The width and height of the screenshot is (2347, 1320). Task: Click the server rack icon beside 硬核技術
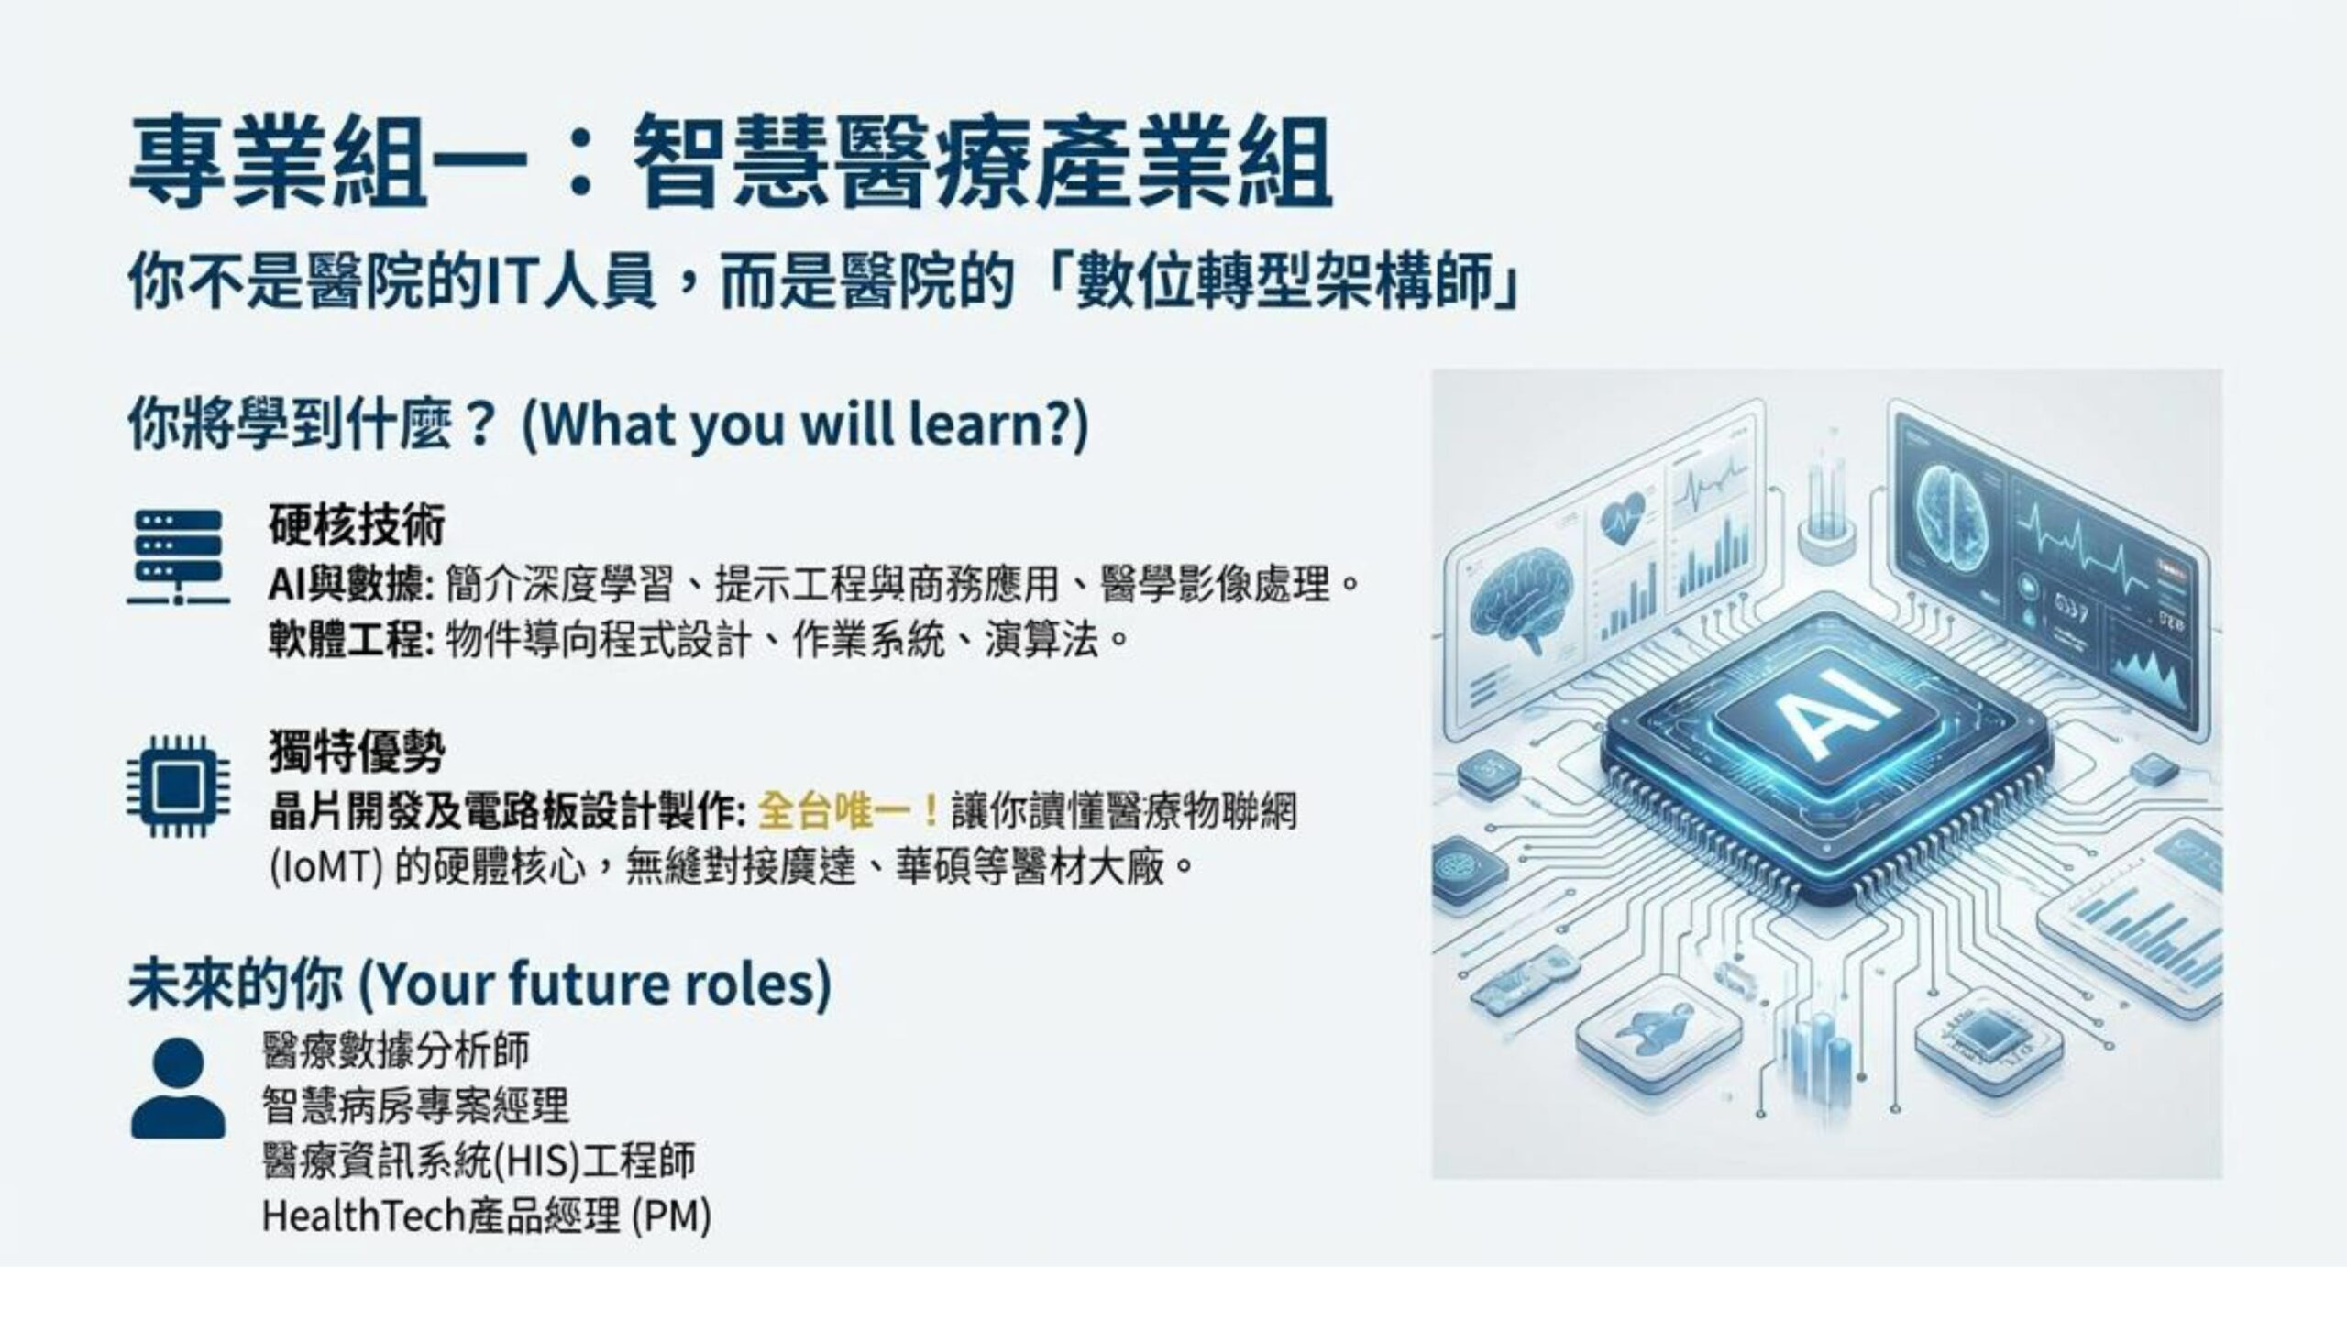click(x=179, y=557)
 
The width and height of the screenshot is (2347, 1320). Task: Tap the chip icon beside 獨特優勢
click(x=172, y=786)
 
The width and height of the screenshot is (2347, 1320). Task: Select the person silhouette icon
click(x=178, y=1088)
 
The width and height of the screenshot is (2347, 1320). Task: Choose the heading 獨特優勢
click(x=357, y=753)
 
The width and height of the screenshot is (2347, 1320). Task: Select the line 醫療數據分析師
click(x=395, y=1050)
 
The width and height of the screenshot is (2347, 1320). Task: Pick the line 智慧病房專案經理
click(x=414, y=1106)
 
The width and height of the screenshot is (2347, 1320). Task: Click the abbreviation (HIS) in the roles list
click(x=537, y=1161)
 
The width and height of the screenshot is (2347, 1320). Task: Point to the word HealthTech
click(x=364, y=1215)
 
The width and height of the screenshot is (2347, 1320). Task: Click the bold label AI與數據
click(x=348, y=584)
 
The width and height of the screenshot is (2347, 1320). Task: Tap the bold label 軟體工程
click(x=348, y=640)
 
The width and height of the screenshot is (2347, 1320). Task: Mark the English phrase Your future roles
click(x=595, y=983)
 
